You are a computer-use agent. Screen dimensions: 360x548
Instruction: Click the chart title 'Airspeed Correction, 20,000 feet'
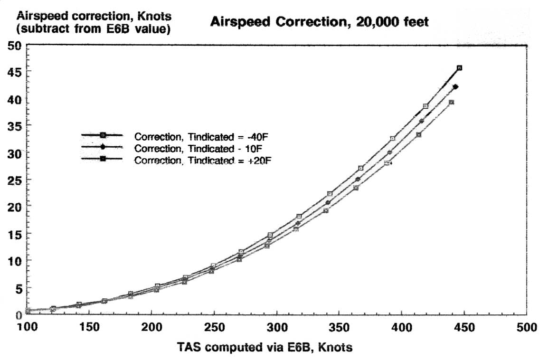[x=319, y=22]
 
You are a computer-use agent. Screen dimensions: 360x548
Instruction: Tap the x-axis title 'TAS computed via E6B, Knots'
[x=265, y=348]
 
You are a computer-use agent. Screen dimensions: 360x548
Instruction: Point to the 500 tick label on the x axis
[x=526, y=328]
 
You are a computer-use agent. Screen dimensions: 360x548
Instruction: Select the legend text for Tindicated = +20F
[x=203, y=161]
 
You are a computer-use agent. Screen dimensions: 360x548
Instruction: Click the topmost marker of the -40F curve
[x=459, y=68]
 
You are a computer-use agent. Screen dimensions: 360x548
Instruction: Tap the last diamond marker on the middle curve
[x=455, y=86]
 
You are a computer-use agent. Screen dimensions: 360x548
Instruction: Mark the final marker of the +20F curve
[x=451, y=102]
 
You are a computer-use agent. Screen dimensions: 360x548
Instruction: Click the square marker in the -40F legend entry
[x=103, y=135]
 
